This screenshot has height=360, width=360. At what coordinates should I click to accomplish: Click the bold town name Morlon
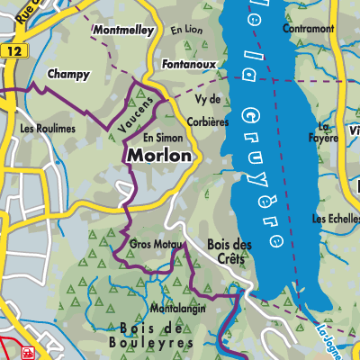click(159, 156)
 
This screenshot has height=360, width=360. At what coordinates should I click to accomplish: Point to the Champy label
click(67, 75)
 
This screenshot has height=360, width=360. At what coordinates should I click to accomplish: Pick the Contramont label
click(307, 29)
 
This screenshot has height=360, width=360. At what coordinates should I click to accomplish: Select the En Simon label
click(163, 137)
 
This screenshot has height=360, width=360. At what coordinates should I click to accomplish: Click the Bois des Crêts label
click(229, 251)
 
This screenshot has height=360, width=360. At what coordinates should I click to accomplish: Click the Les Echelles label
click(334, 219)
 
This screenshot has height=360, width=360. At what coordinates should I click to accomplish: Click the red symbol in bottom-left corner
click(28, 353)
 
